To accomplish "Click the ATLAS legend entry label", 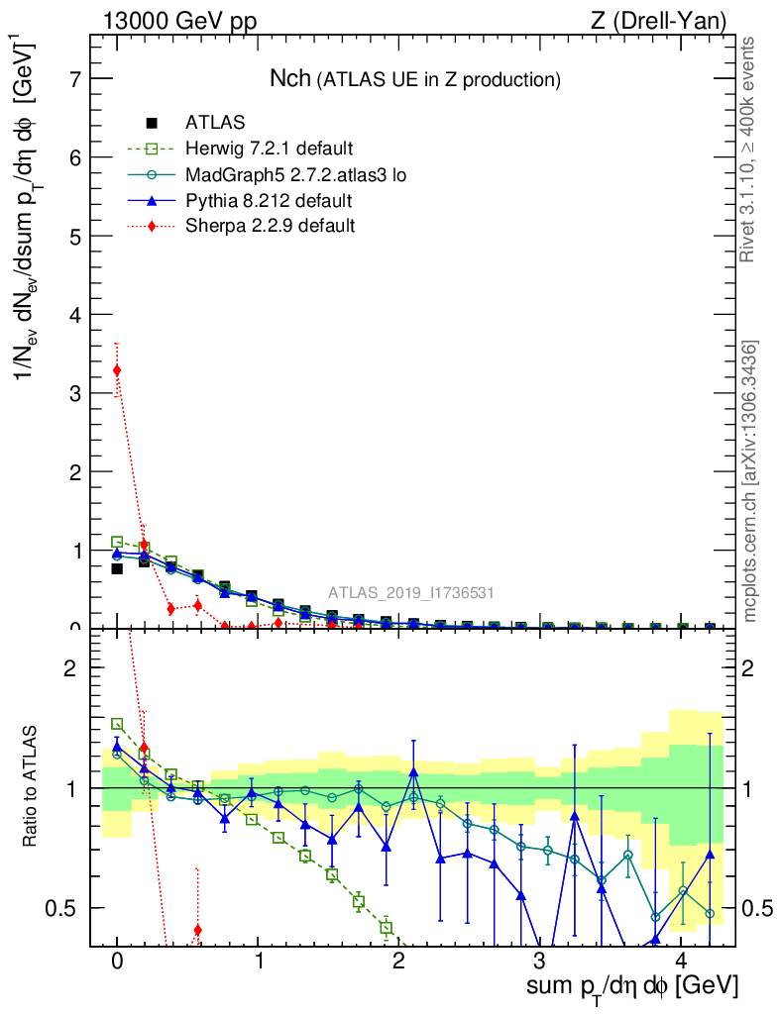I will tap(211, 124).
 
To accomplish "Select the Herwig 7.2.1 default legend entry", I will tap(269, 150).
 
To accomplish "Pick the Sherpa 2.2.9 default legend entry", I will tap(270, 226).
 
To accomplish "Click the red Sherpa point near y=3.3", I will tap(117, 370).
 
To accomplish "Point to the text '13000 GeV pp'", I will tap(178, 21).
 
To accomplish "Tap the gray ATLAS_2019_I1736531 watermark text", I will tap(412, 593).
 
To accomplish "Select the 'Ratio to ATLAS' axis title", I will tap(32, 788).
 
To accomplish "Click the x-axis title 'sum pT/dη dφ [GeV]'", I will tap(632, 986).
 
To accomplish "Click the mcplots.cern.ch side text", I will tap(750, 481).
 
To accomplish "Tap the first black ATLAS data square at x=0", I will tap(117, 568).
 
